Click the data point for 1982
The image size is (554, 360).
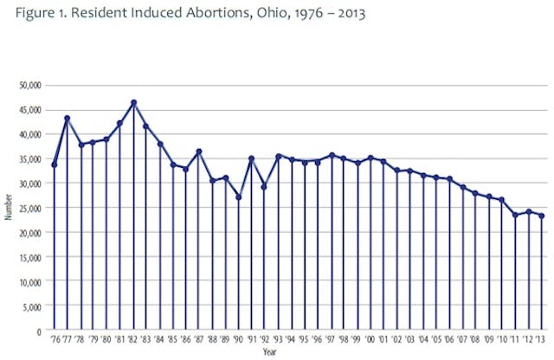[133, 103]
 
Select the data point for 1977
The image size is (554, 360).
[67, 119]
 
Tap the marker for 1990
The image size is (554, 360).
[238, 197]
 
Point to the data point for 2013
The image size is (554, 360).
[542, 215]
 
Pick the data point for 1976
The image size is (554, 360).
[55, 164]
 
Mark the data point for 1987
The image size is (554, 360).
[199, 151]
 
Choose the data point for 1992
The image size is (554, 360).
[264, 187]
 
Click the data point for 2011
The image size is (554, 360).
[515, 215]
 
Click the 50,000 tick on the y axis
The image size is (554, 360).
[31, 85]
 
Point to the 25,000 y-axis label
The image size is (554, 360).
[31, 208]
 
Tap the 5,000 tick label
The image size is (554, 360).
[33, 306]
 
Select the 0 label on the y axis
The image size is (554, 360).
[39, 331]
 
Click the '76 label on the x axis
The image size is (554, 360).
[54, 342]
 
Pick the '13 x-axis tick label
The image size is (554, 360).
[542, 342]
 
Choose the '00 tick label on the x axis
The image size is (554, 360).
[370, 342]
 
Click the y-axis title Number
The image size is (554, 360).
[8, 208]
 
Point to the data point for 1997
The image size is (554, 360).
[331, 156]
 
